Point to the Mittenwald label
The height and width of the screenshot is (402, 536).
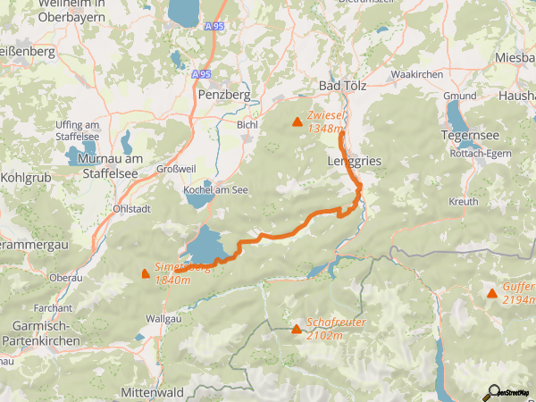pyautogui.click(x=152, y=392)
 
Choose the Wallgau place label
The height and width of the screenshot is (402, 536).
pyautogui.click(x=163, y=317)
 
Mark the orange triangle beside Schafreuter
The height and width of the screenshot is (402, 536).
pyautogui.click(x=297, y=329)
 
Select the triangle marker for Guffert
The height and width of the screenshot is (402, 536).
pyautogui.click(x=492, y=293)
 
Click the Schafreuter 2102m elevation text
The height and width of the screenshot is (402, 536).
pyautogui.click(x=324, y=329)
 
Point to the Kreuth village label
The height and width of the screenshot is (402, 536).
pyautogui.click(x=464, y=203)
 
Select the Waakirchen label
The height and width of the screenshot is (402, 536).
pyautogui.click(x=417, y=74)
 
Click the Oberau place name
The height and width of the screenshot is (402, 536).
pyautogui.click(x=66, y=278)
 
